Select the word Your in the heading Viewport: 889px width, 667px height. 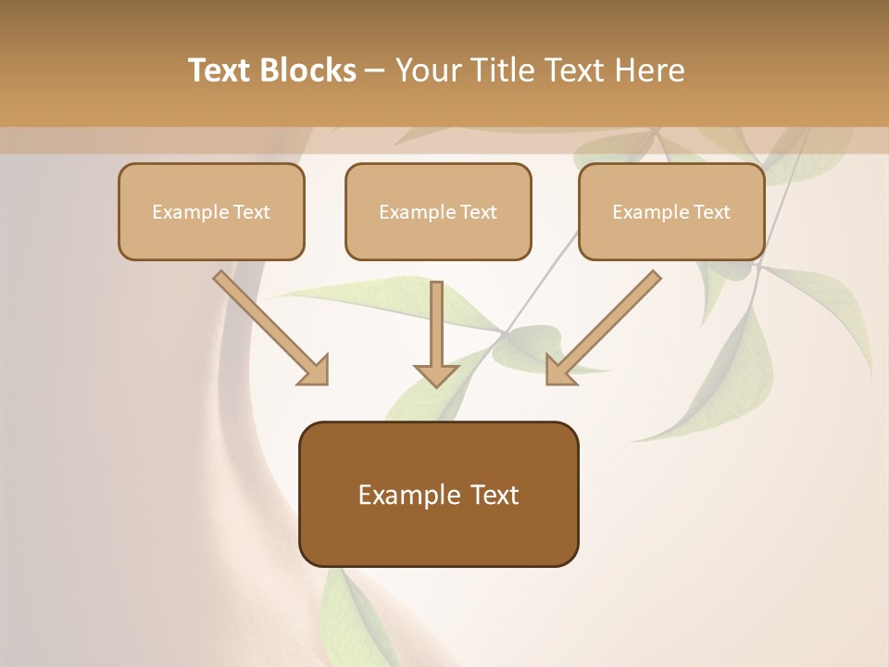point(428,70)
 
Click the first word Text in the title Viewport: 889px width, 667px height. point(222,70)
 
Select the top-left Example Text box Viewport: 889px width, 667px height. point(211,211)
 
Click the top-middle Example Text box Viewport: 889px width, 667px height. point(438,211)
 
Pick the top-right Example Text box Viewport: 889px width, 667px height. point(671,211)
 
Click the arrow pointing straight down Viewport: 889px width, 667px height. point(436,329)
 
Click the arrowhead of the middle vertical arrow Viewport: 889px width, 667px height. point(436,374)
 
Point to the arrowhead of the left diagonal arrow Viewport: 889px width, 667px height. point(315,371)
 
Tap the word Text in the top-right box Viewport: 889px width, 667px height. point(711,212)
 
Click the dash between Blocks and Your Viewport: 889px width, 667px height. point(376,70)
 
